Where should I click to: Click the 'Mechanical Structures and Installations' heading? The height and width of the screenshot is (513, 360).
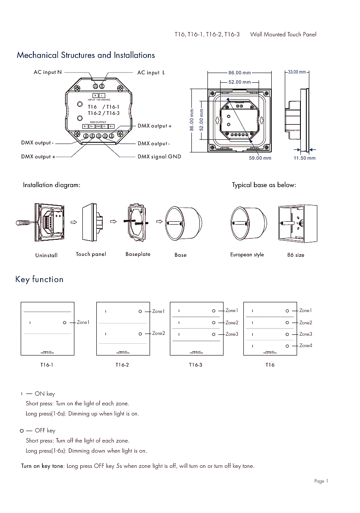86,55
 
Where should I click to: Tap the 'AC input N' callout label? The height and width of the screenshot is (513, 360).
48,72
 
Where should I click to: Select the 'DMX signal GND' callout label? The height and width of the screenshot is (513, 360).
159,157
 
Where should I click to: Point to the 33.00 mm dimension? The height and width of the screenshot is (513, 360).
297,72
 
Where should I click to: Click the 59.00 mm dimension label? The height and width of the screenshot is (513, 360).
260,158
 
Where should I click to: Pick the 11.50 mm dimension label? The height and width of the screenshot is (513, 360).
305,158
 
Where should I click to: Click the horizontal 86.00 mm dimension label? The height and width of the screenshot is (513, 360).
240,73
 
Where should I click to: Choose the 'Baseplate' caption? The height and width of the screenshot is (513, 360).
138,254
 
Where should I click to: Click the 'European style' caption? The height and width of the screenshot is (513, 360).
247,255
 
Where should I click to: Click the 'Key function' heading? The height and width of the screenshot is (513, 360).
39,280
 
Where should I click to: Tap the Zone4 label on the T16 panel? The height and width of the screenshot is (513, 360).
306,345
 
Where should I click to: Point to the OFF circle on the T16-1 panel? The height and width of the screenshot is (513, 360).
64,323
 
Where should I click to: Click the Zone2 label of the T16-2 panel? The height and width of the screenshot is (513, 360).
158,334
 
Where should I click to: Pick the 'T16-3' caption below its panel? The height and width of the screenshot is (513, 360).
196,365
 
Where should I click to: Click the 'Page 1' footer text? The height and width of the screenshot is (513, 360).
321,481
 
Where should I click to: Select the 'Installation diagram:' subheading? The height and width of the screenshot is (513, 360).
52,185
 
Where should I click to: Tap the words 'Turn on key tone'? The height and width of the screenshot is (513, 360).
42,466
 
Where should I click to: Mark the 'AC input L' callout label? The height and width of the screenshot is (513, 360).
151,73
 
